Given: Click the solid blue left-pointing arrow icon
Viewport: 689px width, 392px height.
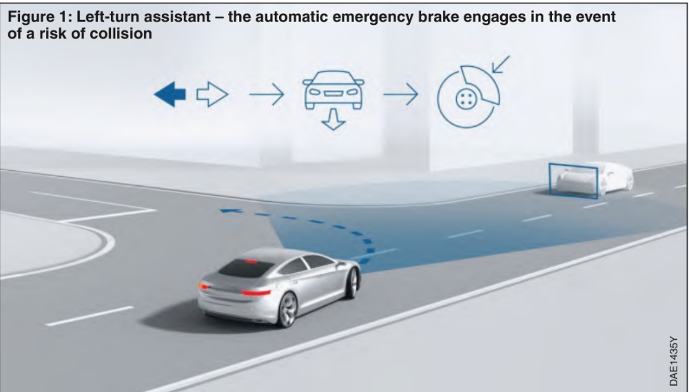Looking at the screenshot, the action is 170,94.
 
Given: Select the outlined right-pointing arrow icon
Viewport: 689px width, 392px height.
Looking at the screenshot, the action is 212,94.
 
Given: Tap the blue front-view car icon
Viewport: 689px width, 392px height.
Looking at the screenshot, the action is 333,90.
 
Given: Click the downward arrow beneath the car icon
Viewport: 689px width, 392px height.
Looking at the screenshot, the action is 333,120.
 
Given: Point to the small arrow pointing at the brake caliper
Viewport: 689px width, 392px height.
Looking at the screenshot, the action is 501,63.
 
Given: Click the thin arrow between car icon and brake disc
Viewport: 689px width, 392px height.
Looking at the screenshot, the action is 400,94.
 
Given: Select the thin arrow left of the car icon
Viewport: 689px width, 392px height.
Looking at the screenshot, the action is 267,94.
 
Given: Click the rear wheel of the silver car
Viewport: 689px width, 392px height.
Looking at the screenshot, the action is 287,310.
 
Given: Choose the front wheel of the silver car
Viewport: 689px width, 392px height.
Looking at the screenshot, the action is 351,283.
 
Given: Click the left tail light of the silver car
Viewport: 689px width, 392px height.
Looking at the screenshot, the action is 203,287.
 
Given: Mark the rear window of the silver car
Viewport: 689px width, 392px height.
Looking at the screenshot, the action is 246,268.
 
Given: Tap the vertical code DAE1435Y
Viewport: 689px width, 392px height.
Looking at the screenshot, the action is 674,361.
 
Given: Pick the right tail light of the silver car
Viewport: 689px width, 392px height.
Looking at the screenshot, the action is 256,292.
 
